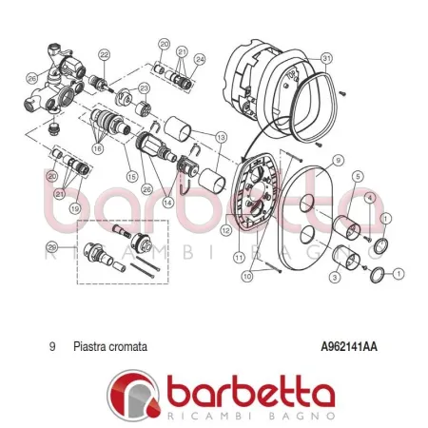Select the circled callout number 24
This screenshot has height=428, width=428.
tap(199, 59)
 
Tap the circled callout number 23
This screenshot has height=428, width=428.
tap(144, 88)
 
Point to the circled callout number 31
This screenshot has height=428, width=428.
tap(326, 58)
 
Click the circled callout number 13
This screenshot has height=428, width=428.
tap(222, 137)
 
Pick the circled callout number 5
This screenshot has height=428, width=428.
tap(357, 177)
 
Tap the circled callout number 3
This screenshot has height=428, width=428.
tap(334, 277)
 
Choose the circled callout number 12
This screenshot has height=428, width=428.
tap(225, 229)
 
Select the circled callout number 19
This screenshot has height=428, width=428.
tap(75, 207)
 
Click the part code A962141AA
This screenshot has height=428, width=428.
tap(349, 347)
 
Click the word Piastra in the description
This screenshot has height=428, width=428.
tap(90, 347)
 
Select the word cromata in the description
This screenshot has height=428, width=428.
tap(129, 347)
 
